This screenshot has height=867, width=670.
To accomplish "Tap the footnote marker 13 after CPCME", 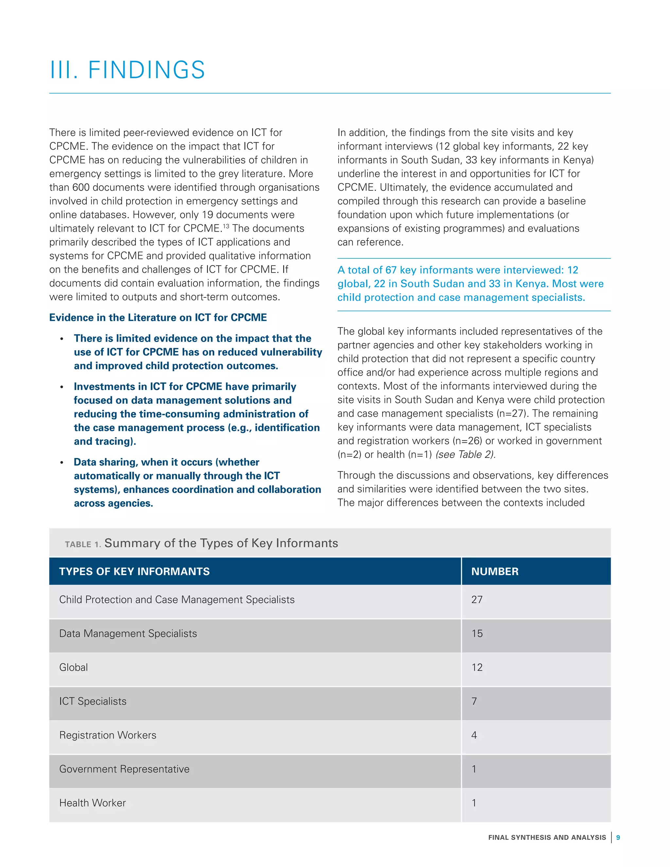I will tap(225, 226).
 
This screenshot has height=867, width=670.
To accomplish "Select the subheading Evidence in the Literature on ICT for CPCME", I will tap(158, 318).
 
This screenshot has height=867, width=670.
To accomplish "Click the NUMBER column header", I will tap(495, 571).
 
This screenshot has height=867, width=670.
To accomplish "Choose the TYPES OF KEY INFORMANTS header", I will tap(134, 571).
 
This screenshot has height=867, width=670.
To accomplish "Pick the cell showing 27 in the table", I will tap(477, 599).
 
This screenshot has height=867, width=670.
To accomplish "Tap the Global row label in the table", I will tap(73, 667).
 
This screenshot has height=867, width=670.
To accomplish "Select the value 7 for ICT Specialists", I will tap(474, 701).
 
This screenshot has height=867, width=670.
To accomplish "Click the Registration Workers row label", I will tap(108, 735).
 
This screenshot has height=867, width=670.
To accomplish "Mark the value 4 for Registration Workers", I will tap(474, 735).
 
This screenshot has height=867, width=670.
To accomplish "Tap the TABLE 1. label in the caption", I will tap(82, 544).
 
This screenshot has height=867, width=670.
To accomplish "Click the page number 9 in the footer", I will tap(618, 837).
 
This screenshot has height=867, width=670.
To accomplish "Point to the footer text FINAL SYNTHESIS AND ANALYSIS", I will tap(547, 837).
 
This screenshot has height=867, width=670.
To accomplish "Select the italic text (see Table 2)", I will tap(465, 454).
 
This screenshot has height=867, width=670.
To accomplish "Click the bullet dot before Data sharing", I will tap(62, 463).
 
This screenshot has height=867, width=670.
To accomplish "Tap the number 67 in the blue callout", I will tap(391, 270).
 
